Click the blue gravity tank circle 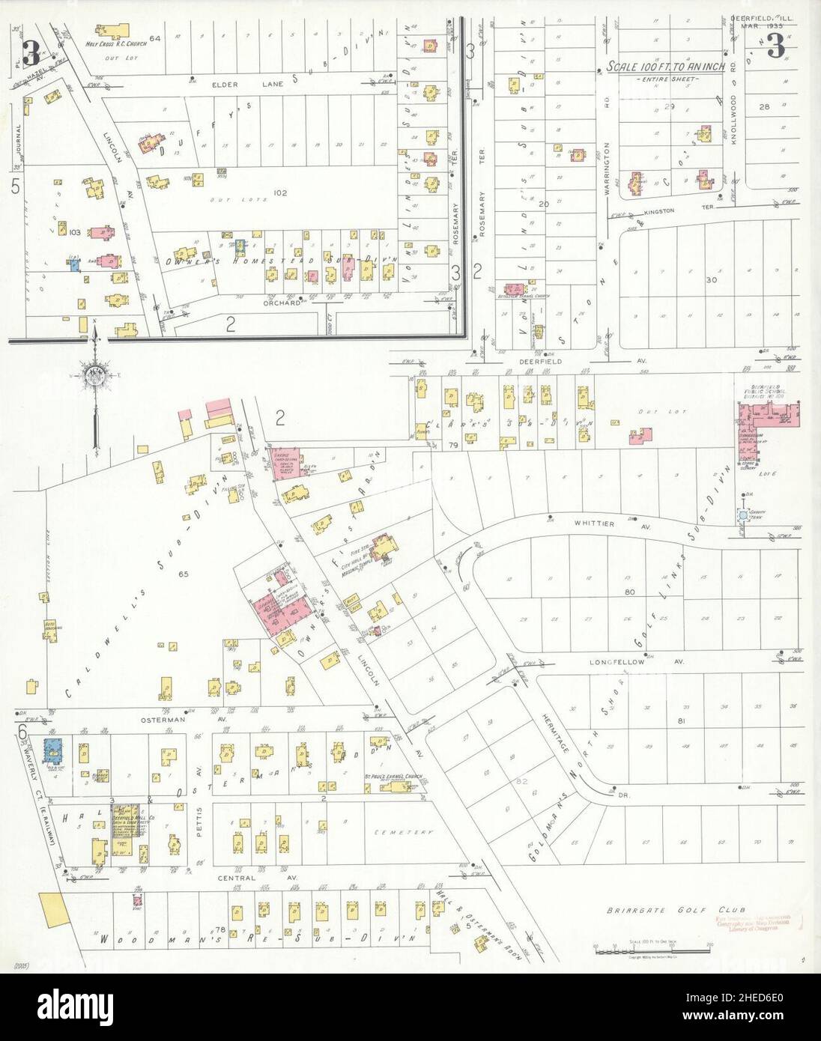tap(742, 515)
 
